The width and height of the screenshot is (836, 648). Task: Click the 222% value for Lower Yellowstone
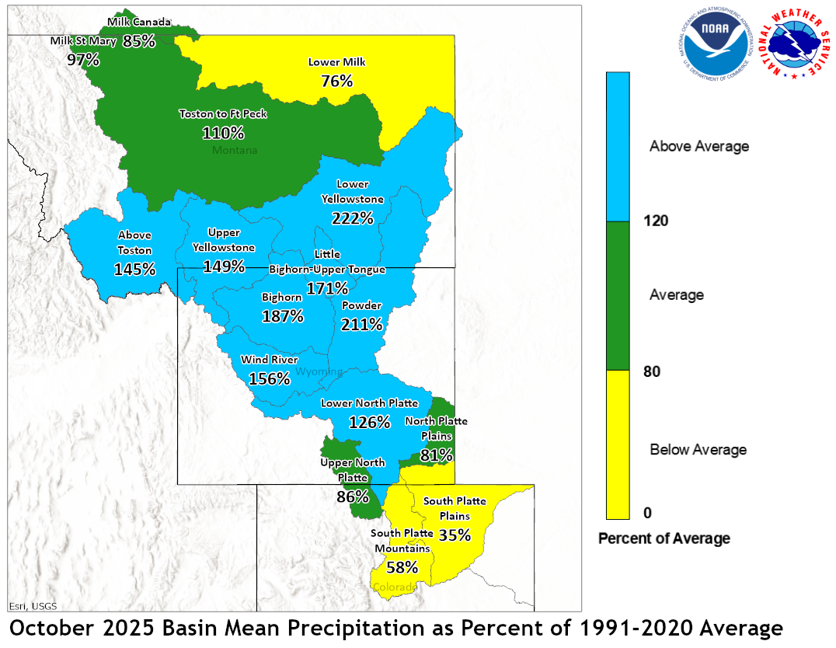click(x=352, y=218)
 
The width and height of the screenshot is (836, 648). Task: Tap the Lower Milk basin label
click(x=336, y=62)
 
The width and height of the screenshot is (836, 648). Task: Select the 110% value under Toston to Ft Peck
click(x=223, y=133)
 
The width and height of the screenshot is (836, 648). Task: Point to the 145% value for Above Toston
click(x=134, y=270)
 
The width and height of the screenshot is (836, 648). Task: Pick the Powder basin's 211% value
click(x=362, y=324)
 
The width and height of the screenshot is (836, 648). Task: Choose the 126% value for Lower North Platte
click(x=369, y=423)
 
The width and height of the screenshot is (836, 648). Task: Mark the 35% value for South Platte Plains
click(x=455, y=535)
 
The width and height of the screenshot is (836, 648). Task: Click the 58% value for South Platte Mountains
click(x=402, y=567)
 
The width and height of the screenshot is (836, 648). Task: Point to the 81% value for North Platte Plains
click(x=437, y=455)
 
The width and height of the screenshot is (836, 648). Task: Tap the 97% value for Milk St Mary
click(x=83, y=59)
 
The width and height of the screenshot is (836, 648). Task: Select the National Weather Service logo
click(x=792, y=44)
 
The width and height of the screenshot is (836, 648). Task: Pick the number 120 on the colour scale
click(x=657, y=221)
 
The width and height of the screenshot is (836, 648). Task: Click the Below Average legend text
click(x=698, y=450)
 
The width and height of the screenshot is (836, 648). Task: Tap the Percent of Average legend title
click(x=664, y=538)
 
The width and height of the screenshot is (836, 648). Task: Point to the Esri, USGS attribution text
click(x=33, y=606)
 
